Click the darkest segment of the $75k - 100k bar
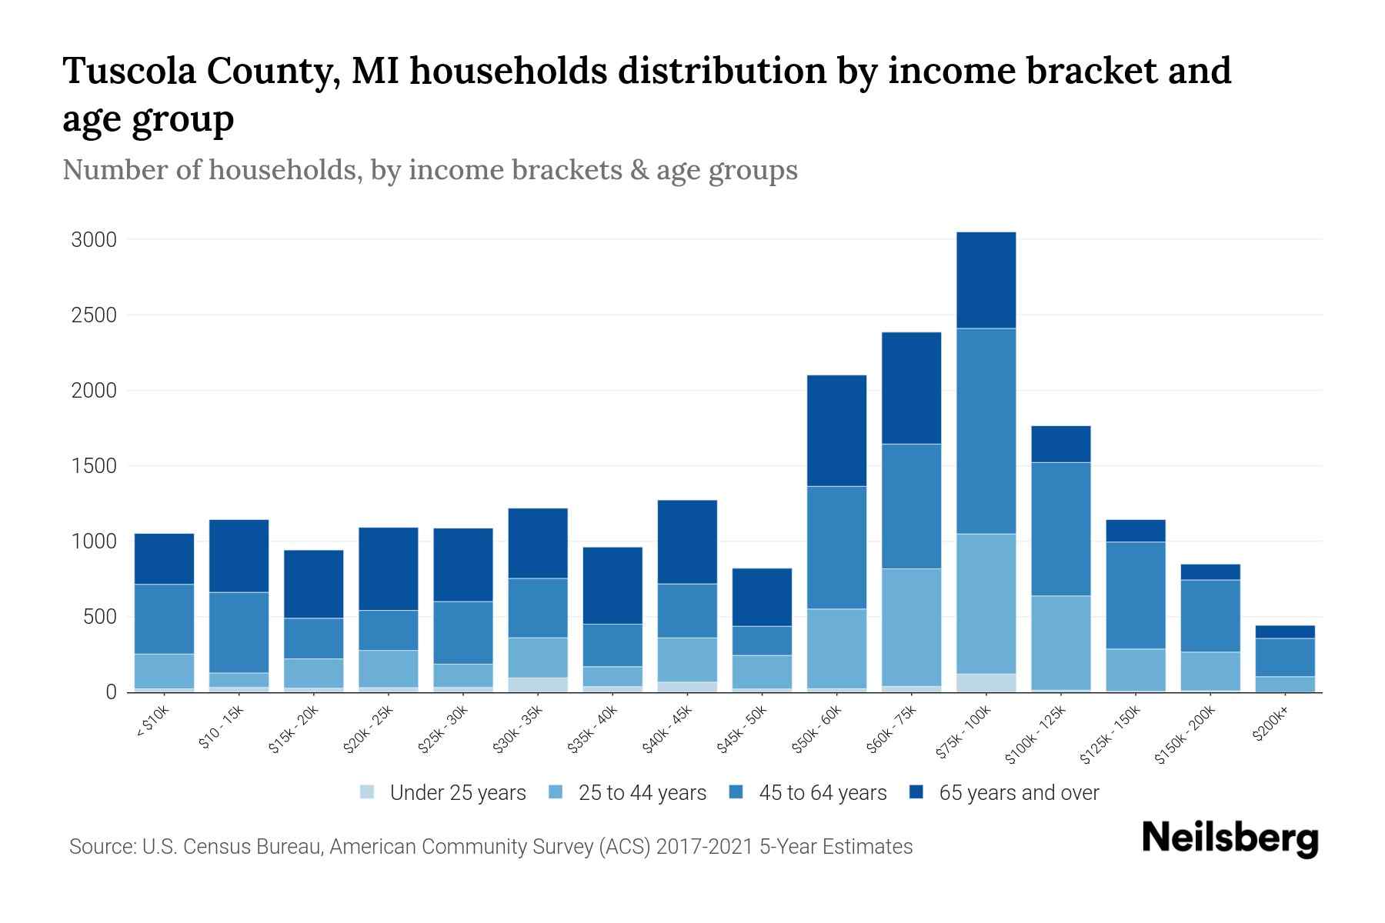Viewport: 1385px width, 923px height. point(986,280)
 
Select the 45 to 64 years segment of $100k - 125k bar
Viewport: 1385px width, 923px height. point(1060,528)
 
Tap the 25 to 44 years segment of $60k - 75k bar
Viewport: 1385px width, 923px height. point(911,627)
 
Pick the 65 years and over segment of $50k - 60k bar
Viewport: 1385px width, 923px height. point(836,430)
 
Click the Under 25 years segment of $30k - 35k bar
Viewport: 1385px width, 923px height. point(538,685)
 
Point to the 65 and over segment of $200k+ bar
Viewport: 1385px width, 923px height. point(1285,631)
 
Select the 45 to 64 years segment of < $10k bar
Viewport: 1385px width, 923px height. point(164,618)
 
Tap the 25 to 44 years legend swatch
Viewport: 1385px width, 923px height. point(556,792)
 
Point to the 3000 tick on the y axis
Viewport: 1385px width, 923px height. point(94,240)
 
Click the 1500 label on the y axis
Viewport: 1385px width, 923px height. point(94,466)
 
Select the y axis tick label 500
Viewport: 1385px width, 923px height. point(100,617)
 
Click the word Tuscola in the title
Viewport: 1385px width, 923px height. point(128,71)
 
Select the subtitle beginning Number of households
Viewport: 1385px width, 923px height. point(429,170)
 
